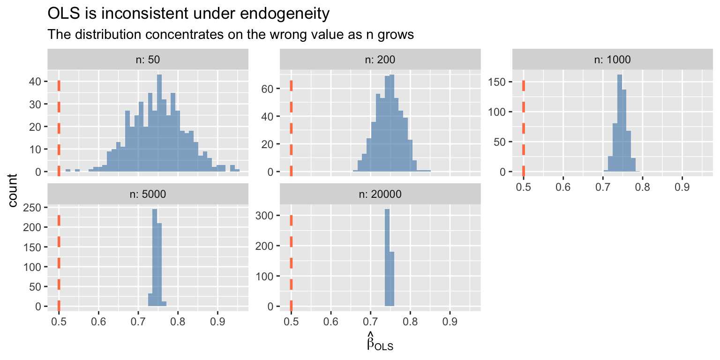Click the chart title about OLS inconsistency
(x=189, y=14)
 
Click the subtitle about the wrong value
(x=231, y=35)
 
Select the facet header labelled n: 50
(x=148, y=60)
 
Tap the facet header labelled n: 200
(x=380, y=60)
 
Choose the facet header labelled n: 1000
(x=612, y=60)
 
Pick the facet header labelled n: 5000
(x=148, y=194)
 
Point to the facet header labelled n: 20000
(x=380, y=194)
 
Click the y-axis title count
(x=14, y=190)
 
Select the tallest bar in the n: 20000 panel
(x=387, y=258)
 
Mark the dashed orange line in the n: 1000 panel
(x=524, y=127)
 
